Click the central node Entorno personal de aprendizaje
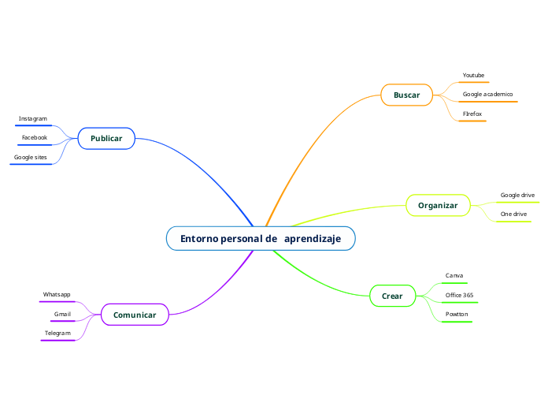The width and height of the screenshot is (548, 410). (261, 238)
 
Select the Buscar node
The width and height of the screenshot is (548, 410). (406, 95)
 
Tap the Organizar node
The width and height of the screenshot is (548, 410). (438, 206)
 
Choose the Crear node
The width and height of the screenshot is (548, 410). (392, 296)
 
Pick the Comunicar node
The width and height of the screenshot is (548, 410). (135, 315)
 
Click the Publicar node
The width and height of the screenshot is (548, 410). (106, 139)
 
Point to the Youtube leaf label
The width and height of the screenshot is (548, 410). (473, 75)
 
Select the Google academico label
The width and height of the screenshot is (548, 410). (487, 94)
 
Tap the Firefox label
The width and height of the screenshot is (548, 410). (472, 114)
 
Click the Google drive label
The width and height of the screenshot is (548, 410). (517, 195)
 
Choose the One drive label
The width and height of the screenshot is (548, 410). (513, 214)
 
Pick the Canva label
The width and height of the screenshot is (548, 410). (454, 276)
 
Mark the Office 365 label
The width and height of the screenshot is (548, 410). (459, 295)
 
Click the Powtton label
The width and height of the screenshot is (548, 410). (457, 314)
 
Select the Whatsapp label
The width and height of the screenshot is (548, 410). (57, 294)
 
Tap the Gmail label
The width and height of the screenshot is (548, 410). (62, 314)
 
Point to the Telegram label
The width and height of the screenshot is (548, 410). (57, 333)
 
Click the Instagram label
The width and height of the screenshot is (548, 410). (33, 118)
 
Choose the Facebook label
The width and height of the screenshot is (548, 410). (35, 137)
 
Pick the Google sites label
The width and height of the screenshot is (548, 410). (31, 157)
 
